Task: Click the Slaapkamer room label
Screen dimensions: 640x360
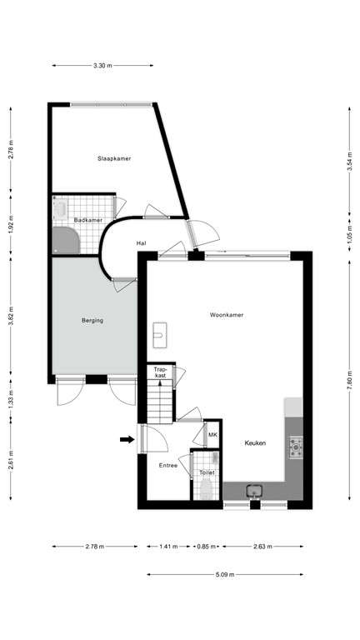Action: point(113,158)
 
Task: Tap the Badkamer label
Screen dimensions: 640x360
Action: point(87,220)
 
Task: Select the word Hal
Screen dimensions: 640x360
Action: point(142,243)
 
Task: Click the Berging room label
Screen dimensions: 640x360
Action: point(92,320)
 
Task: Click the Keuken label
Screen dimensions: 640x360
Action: point(255,443)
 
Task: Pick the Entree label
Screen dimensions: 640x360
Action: point(169,466)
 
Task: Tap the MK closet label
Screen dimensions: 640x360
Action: point(212,435)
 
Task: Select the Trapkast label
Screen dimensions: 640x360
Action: point(160,372)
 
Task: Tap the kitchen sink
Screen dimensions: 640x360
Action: point(255,492)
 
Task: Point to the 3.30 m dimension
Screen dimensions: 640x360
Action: point(102,65)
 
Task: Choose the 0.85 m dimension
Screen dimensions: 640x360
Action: point(204,547)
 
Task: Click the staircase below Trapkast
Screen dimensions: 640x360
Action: point(160,404)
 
